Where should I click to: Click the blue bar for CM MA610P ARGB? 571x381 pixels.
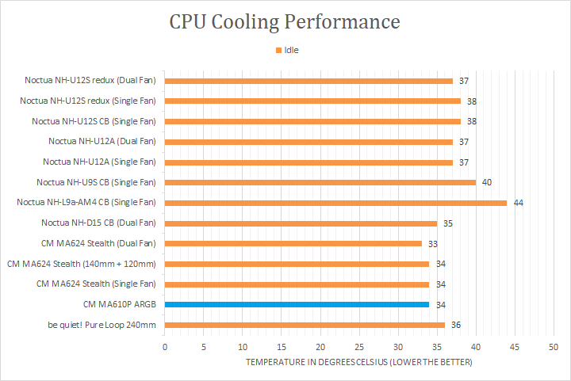(x=297, y=304)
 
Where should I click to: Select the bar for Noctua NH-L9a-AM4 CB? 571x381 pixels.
(x=335, y=203)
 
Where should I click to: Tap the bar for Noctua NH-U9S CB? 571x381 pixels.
(x=320, y=182)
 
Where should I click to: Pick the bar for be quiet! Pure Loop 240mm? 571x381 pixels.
(x=305, y=325)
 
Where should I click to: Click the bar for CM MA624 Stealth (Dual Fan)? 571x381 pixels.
(x=293, y=243)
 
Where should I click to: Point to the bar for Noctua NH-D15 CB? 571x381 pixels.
(x=301, y=223)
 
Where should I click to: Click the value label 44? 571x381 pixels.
(x=519, y=203)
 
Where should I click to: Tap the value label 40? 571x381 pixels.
(x=487, y=182)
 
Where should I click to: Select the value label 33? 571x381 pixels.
(x=432, y=243)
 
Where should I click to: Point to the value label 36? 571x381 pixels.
(x=456, y=325)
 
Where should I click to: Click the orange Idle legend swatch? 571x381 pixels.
(x=278, y=50)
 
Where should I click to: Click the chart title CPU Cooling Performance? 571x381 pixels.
(x=285, y=21)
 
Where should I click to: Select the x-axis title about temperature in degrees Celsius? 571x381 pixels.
(x=358, y=362)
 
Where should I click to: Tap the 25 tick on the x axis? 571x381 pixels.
(x=359, y=347)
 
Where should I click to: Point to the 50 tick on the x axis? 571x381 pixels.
(x=554, y=347)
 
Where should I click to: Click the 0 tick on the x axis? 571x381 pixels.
(x=165, y=347)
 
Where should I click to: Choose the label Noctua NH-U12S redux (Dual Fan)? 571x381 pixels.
(x=90, y=81)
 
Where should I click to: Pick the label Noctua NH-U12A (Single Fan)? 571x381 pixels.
(x=102, y=162)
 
